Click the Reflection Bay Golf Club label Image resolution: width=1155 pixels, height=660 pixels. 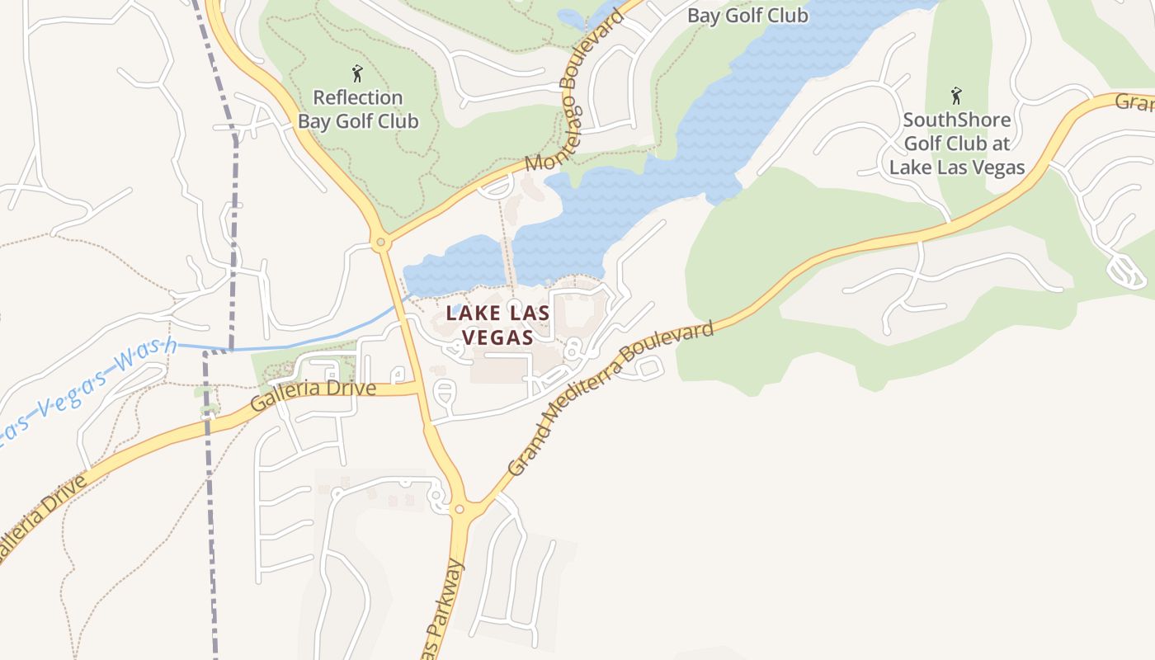[358, 110]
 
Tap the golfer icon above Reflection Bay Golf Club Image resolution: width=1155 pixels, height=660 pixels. [357, 73]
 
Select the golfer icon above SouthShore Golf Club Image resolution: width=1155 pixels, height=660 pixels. [956, 96]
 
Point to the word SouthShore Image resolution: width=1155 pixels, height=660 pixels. [956, 120]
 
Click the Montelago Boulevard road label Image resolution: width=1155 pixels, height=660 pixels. [570, 98]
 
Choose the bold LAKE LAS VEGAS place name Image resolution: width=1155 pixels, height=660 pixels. [498, 325]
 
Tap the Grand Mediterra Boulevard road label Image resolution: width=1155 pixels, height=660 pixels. [610, 399]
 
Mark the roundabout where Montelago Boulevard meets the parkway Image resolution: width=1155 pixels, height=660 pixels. [380, 243]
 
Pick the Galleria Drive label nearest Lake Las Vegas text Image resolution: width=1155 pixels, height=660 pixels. [313, 395]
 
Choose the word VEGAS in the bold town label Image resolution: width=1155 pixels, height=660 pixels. [498, 337]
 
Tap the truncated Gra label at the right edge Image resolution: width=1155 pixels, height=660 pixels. [1135, 102]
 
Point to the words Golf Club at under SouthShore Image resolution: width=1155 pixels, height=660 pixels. [957, 144]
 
